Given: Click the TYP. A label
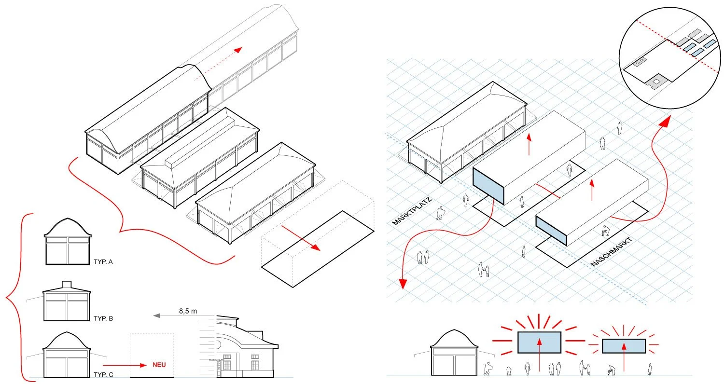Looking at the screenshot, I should [103, 262].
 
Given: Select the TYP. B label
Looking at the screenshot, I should [103, 319].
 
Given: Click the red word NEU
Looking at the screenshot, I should [158, 365].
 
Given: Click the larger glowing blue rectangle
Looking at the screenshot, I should [539, 343].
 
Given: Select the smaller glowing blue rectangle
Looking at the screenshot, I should [624, 346].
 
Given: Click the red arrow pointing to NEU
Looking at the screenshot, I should [124, 365].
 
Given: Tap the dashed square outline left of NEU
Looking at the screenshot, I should [152, 355].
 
